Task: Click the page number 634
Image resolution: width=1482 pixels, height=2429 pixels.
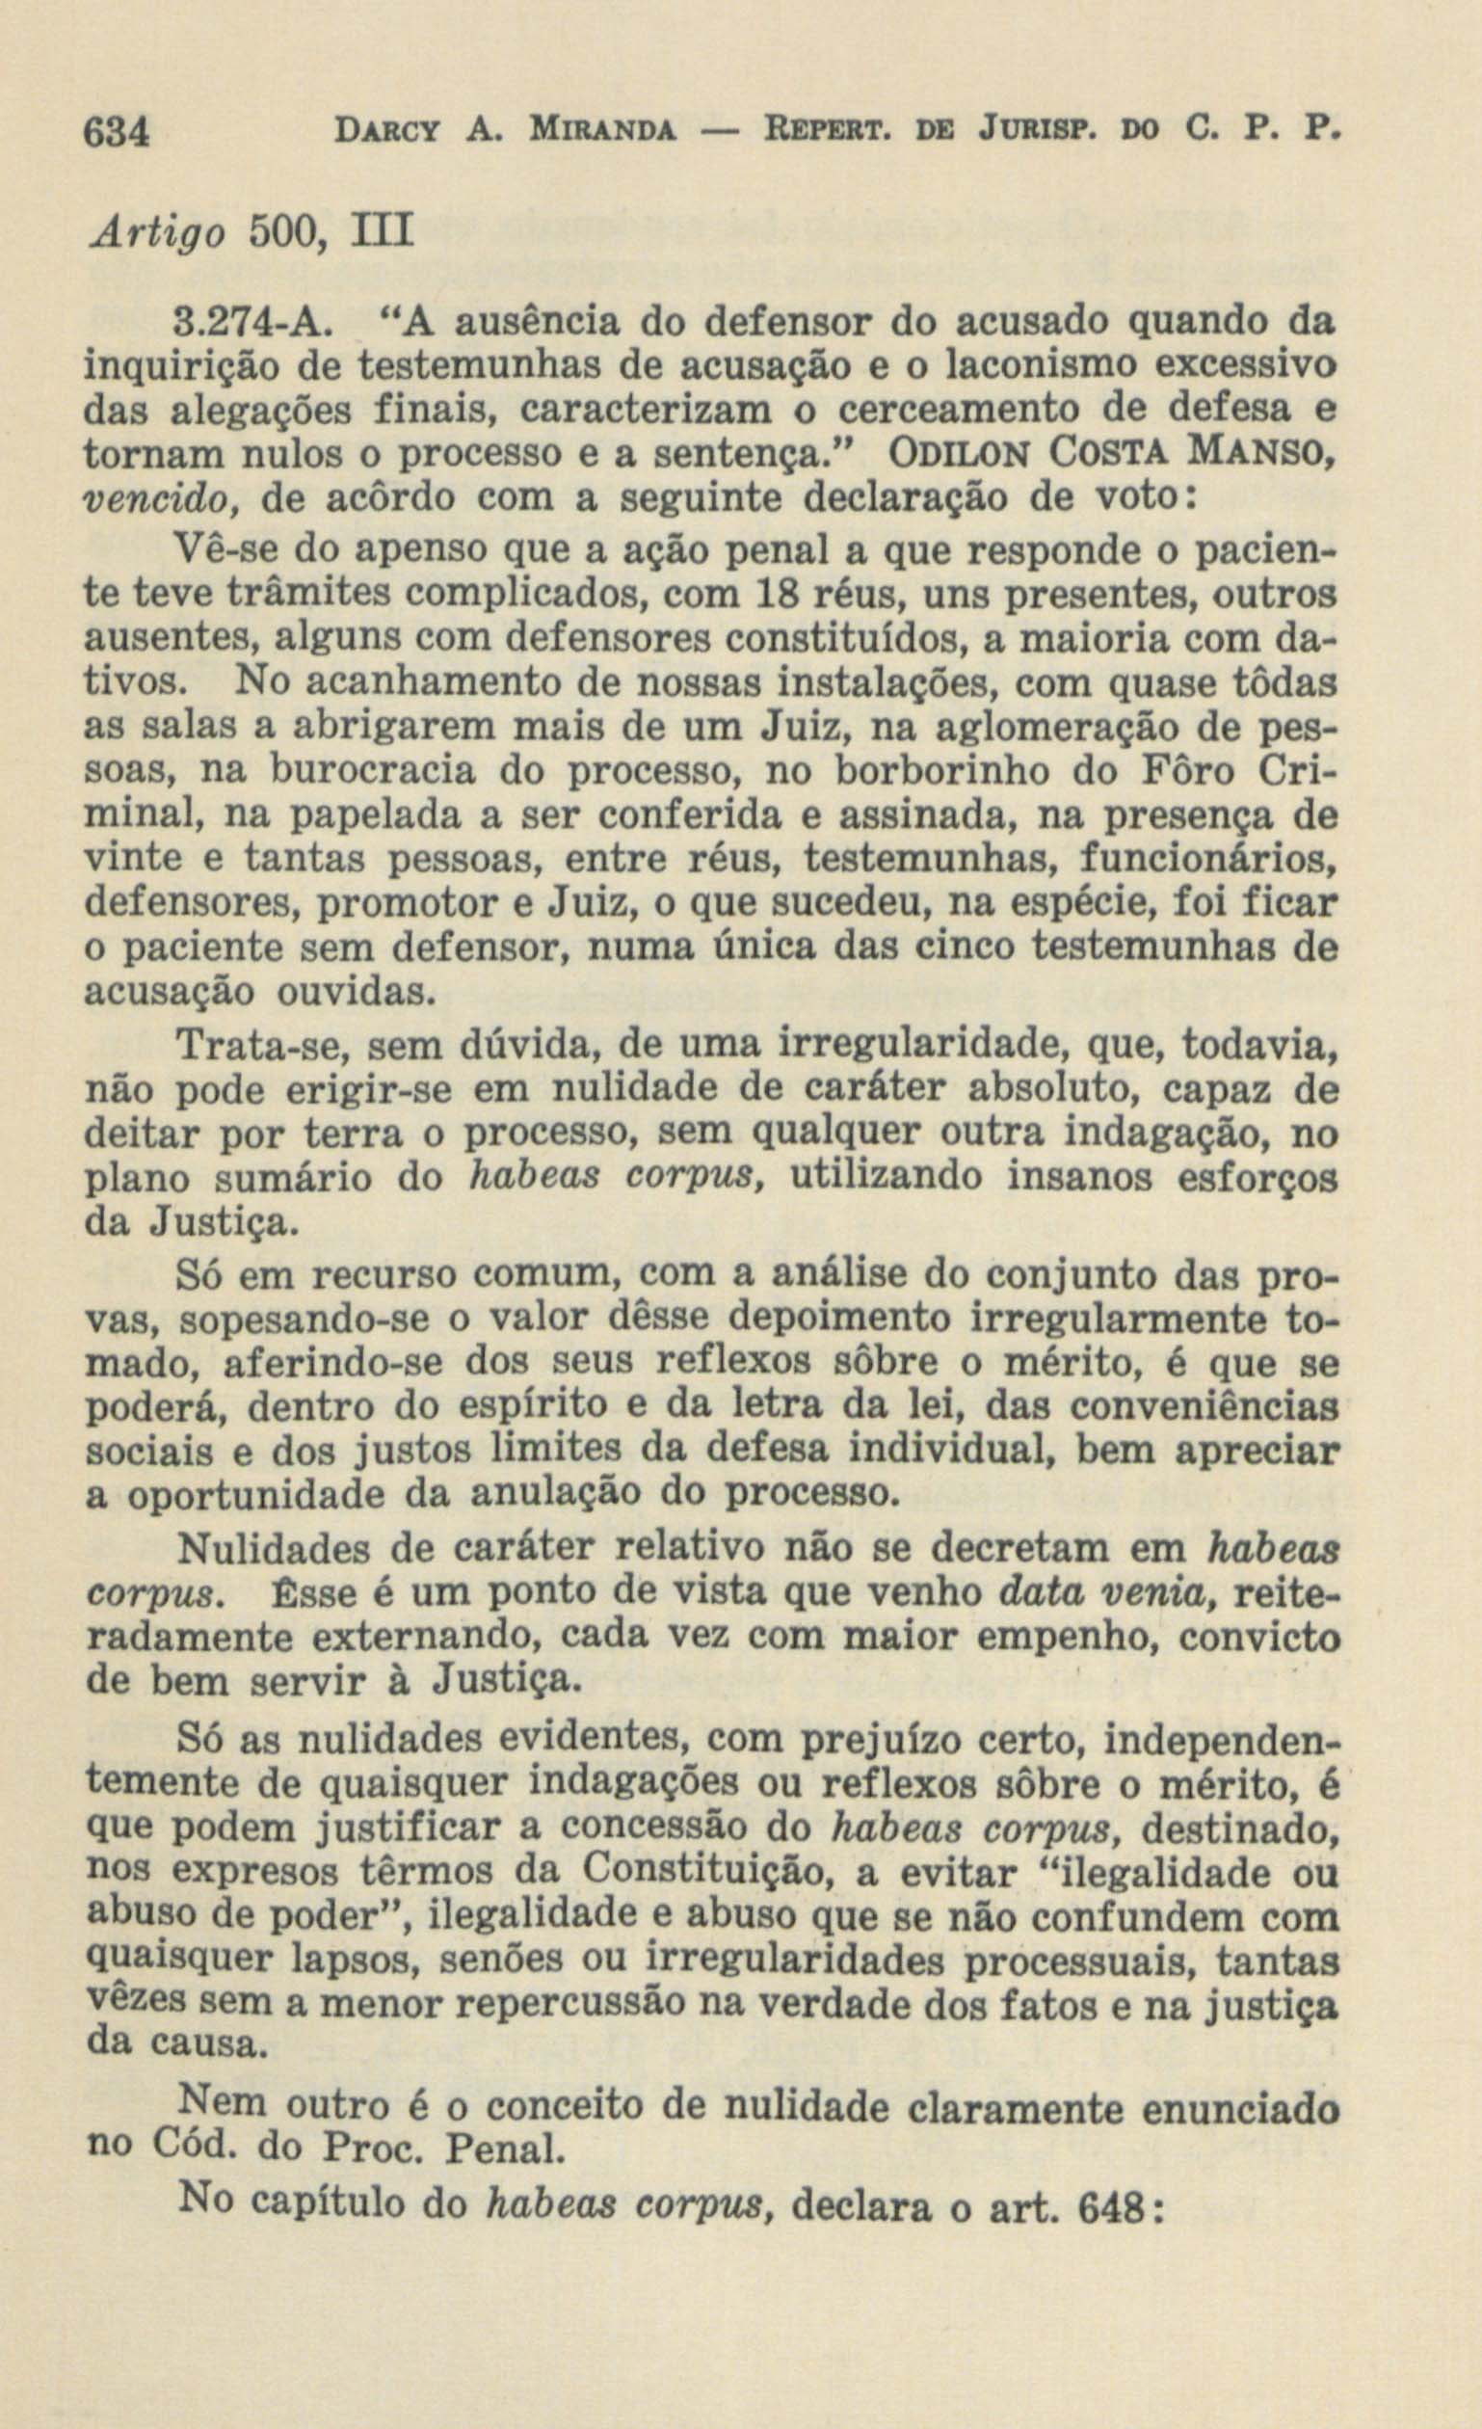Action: [x=116, y=131]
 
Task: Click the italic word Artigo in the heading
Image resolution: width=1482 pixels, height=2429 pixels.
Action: [x=155, y=237]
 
